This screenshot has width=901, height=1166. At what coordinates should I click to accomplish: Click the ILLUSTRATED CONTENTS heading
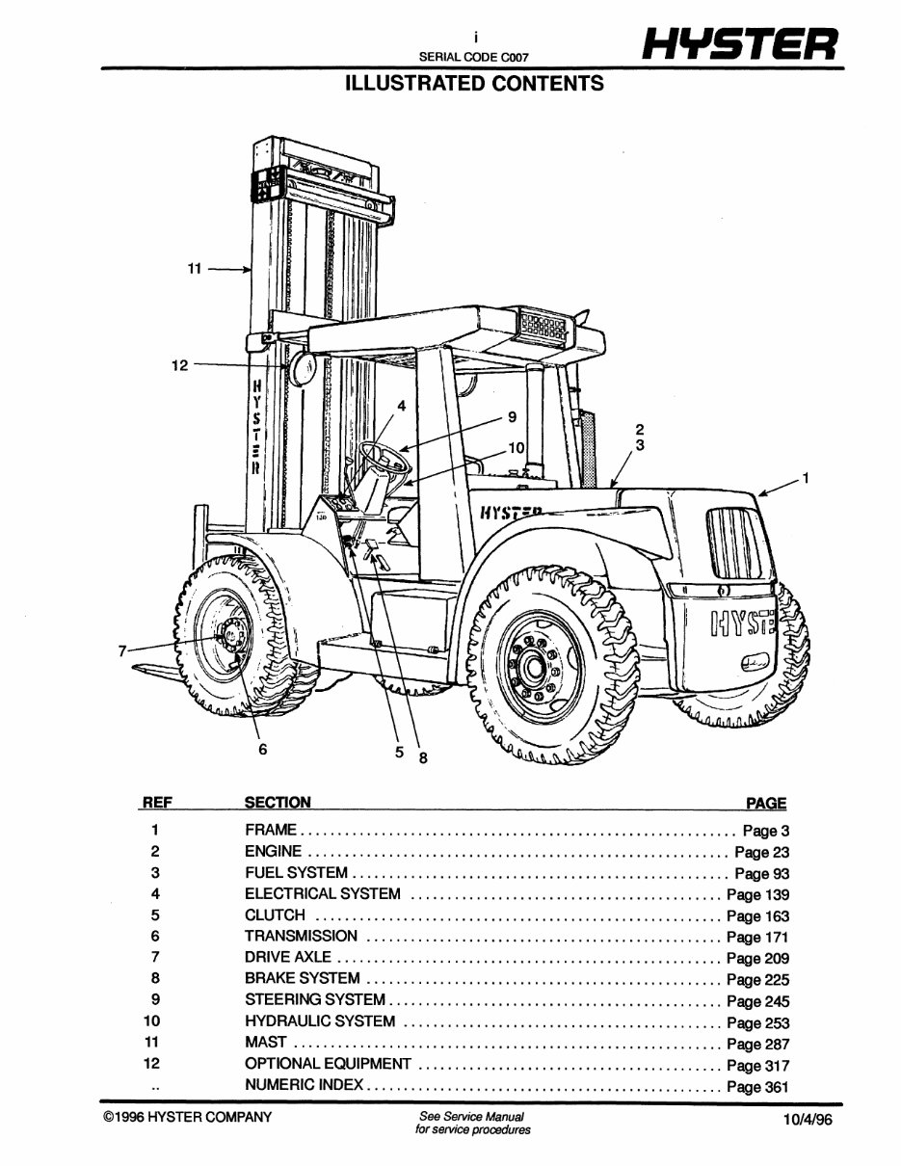474,84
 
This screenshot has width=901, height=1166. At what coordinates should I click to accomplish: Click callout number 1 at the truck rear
806,477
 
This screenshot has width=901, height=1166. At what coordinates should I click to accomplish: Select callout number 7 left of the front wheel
122,651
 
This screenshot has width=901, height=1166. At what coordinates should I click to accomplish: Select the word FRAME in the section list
271,830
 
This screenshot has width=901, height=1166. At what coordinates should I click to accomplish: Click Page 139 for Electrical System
757,895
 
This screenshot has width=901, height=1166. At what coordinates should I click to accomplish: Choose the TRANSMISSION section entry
301,936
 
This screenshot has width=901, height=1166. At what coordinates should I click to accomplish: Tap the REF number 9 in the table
155,1000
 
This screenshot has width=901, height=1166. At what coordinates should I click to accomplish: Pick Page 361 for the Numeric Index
757,1087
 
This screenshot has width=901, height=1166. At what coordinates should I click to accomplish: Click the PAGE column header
766,803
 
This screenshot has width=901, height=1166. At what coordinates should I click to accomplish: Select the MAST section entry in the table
266,1043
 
